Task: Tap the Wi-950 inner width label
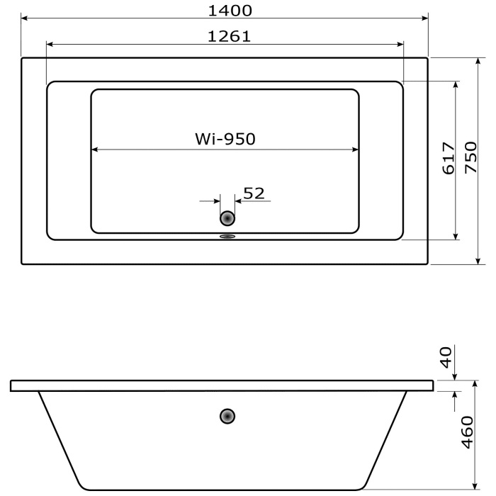point(225,139)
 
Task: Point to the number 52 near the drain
point(254,193)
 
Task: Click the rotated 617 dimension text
point(448,159)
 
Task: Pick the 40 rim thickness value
point(446,357)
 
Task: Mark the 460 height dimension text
point(467,432)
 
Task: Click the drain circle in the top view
point(227,219)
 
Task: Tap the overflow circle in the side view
point(227,416)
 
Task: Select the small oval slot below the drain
point(227,237)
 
